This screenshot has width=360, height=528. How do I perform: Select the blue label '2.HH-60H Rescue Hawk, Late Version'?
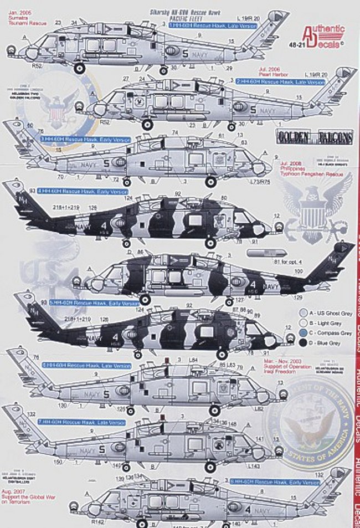pyautogui.click(x=280, y=82)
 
